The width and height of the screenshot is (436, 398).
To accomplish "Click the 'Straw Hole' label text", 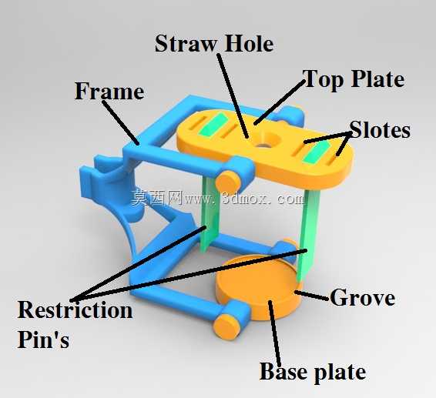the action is pyautogui.click(x=214, y=44).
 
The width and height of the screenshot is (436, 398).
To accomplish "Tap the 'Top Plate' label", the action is pyautogui.click(x=354, y=79).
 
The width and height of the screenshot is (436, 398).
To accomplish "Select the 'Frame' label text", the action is pyautogui.click(x=109, y=91).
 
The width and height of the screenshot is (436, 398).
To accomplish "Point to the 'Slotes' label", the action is pyautogui.click(x=380, y=129).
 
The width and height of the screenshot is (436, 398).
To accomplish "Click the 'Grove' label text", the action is pyautogui.click(x=362, y=297).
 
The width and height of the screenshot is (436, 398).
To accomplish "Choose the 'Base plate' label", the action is pyautogui.click(x=313, y=373).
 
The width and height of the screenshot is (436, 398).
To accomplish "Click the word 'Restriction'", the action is pyautogui.click(x=75, y=309).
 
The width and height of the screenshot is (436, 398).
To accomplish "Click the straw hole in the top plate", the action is pyautogui.click(x=262, y=145).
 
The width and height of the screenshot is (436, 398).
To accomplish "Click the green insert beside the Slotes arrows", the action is pyautogui.click(x=315, y=154).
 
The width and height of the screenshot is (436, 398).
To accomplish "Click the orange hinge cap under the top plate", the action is pyautogui.click(x=228, y=182).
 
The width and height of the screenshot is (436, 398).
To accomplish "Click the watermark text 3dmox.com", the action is pyautogui.click(x=263, y=199).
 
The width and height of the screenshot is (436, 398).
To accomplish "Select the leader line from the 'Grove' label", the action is pyautogui.click(x=311, y=295).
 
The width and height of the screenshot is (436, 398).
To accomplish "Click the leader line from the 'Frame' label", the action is pyautogui.click(x=121, y=123).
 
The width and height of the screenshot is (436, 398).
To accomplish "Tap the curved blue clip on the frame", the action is pyautogui.click(x=111, y=195).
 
